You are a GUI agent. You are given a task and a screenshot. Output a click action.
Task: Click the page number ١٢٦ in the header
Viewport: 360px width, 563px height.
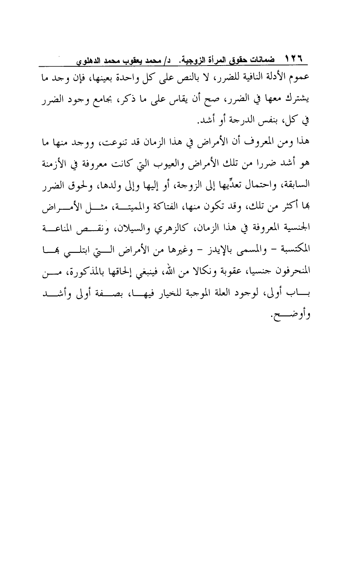point(296,60)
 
